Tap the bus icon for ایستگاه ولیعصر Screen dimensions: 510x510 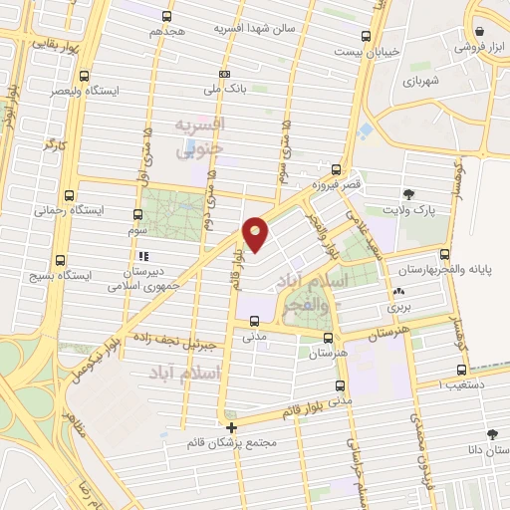point(84,76)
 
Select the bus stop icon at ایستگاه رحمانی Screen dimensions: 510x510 point(69,195)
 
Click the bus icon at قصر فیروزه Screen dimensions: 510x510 point(337,169)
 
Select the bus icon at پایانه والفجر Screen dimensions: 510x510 point(443,254)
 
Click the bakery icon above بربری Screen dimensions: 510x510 point(399,292)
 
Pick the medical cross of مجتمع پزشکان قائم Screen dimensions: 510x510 point(231,429)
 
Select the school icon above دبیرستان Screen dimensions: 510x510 point(143,255)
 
